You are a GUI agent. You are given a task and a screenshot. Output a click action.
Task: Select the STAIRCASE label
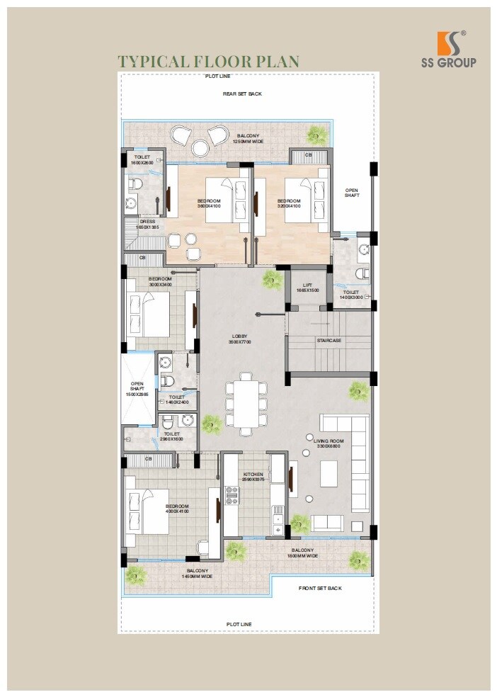point(329,341)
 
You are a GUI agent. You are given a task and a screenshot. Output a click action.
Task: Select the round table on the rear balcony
point(200,147)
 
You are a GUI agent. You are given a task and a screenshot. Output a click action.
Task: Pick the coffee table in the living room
point(329,474)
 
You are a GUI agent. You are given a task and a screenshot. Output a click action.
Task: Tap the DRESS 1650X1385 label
point(147,224)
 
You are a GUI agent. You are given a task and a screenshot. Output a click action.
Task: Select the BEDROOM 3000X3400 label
point(160,281)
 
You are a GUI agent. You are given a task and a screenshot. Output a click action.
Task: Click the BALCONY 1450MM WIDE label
point(198,574)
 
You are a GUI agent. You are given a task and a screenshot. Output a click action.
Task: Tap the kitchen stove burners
point(232,495)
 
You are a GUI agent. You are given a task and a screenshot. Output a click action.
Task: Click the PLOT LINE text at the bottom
point(239,624)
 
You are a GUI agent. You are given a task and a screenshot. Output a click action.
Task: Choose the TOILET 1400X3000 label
point(351,295)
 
